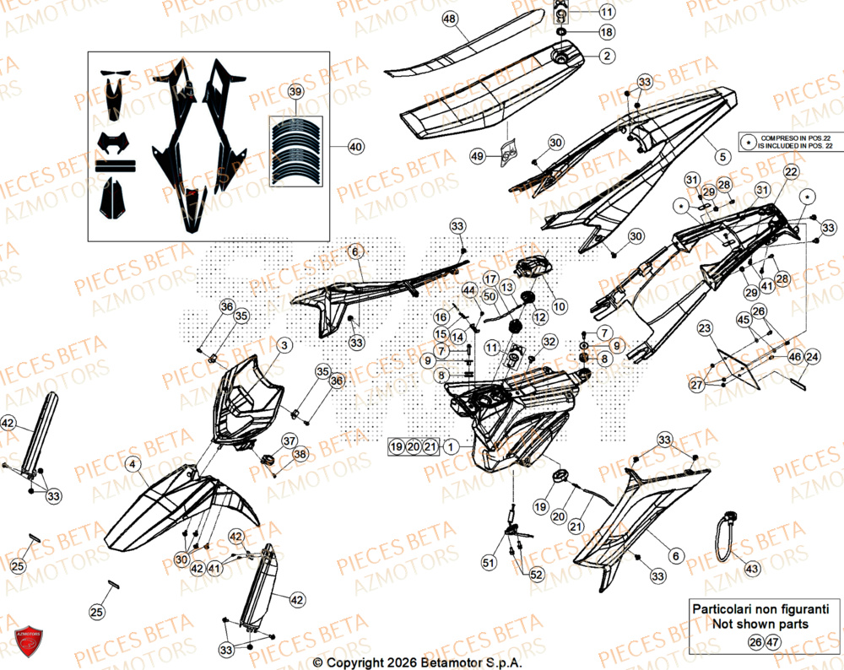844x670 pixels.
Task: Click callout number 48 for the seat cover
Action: tap(449, 19)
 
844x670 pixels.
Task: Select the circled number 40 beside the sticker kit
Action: tap(355, 147)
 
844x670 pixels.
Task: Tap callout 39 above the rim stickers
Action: tap(295, 91)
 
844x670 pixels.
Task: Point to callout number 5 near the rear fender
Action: tap(722, 156)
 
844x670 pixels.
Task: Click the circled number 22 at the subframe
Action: tap(791, 172)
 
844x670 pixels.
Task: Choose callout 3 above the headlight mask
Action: tap(284, 345)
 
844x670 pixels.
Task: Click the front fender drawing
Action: tap(177, 506)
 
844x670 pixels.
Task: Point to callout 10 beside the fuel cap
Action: tap(559, 305)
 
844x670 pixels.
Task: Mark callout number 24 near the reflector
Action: tap(811, 357)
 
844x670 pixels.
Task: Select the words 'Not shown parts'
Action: tap(760, 624)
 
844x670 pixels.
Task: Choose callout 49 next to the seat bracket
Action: tap(478, 156)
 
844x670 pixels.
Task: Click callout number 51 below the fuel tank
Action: tap(488, 563)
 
